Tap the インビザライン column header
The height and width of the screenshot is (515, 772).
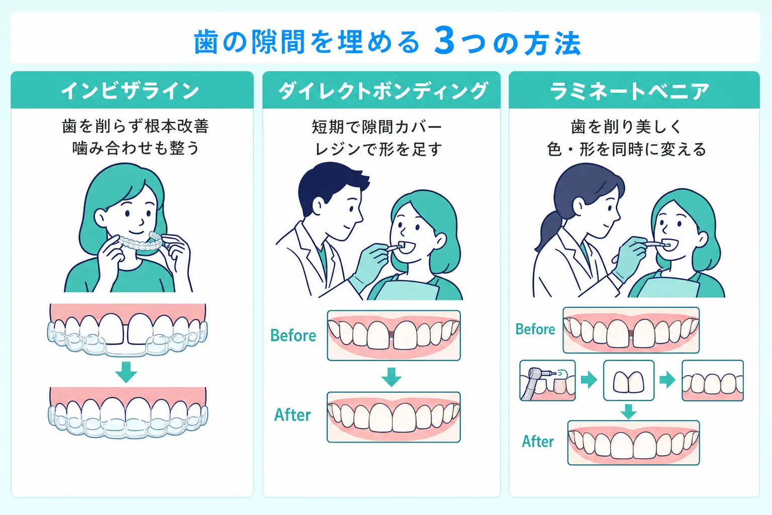click(x=130, y=91)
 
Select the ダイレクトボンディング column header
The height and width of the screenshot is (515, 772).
click(x=382, y=91)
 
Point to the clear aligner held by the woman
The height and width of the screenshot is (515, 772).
click(x=141, y=241)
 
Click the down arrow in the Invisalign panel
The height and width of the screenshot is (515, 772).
click(x=126, y=372)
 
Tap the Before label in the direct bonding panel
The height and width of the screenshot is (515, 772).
click(x=294, y=335)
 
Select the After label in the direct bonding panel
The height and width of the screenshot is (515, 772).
click(x=292, y=414)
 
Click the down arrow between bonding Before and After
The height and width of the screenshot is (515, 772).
click(x=392, y=377)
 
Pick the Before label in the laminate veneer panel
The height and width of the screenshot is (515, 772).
click(x=535, y=329)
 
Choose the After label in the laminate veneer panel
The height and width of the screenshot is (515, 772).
click(x=538, y=441)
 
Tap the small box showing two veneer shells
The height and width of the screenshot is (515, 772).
click(x=629, y=381)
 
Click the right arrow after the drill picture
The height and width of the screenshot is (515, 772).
click(x=589, y=380)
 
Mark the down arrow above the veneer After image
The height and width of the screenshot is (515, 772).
click(x=628, y=411)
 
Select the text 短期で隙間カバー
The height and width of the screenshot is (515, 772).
click(x=377, y=127)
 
